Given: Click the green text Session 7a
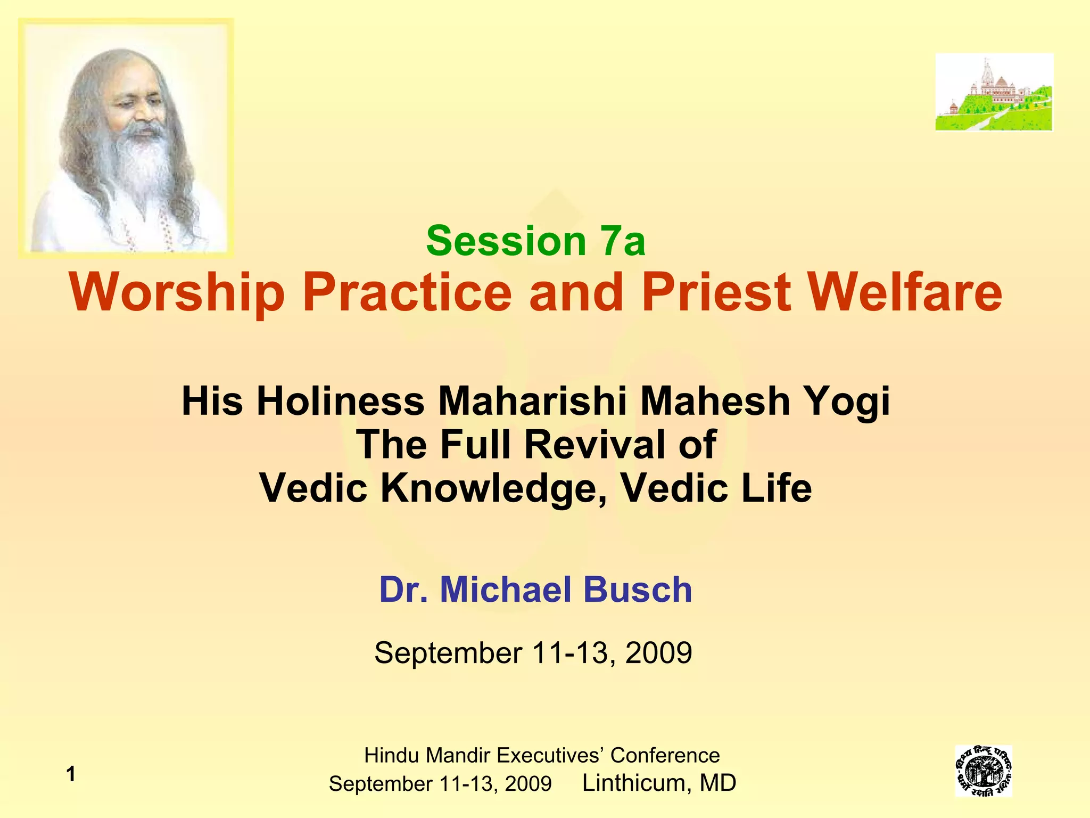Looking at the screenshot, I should pyautogui.click(x=535, y=241).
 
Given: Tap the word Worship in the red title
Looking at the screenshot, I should pyautogui.click(x=177, y=293).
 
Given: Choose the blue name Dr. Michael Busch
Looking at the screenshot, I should pyautogui.click(x=535, y=590).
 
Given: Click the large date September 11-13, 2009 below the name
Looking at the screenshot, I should pyautogui.click(x=533, y=652).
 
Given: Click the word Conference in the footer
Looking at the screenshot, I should pyautogui.click(x=665, y=755).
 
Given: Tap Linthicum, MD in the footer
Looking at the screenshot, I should pyautogui.click(x=659, y=783).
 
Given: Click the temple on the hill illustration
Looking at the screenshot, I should pyautogui.click(x=994, y=92).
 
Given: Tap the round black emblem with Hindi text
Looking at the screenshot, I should pyautogui.click(x=983, y=771).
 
